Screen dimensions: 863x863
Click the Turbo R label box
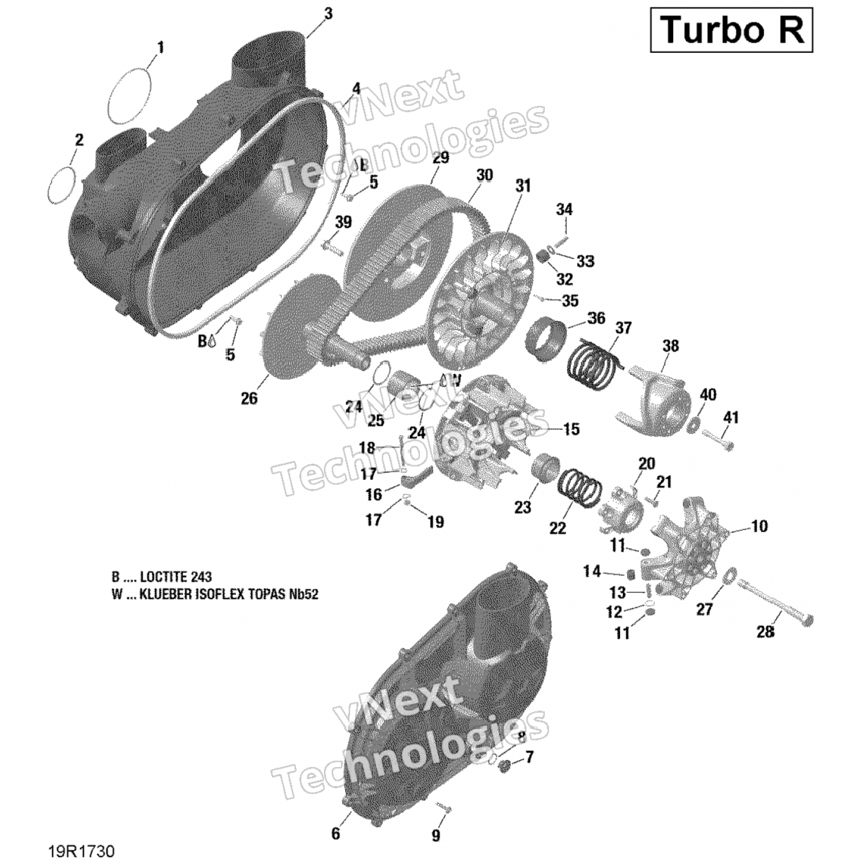(731, 30)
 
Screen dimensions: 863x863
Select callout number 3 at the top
(328, 14)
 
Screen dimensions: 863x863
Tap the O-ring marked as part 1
(130, 96)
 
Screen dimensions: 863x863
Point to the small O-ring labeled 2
(62, 185)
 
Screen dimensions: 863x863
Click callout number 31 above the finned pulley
(523, 186)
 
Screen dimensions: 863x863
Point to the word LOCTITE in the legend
(167, 577)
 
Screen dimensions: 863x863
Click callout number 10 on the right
(759, 526)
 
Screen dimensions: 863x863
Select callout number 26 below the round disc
(249, 398)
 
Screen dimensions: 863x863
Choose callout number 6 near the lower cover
(335, 833)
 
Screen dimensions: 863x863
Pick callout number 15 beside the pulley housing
(571, 429)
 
